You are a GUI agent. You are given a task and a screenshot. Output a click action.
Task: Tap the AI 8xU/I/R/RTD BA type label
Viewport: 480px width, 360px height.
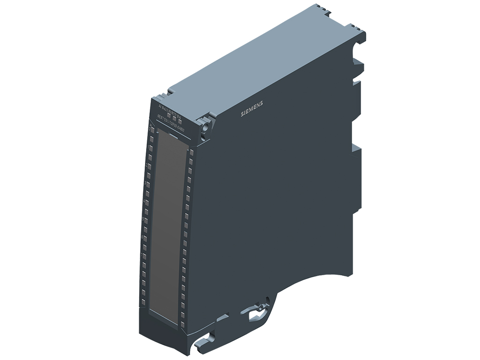point(167,108)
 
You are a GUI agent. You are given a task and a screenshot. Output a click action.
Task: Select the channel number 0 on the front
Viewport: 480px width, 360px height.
point(150,128)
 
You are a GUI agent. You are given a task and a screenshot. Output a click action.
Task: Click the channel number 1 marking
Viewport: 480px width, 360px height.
point(148,146)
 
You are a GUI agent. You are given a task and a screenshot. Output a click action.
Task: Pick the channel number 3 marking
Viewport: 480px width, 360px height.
point(146,183)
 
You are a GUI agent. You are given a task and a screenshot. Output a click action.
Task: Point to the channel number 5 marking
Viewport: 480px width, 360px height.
point(144,219)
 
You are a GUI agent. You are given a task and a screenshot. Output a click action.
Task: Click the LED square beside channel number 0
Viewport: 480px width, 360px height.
point(152,130)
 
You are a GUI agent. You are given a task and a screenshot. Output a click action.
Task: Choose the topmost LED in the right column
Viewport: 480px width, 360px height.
point(191,152)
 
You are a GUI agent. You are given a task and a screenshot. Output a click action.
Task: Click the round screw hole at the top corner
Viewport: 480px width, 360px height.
point(205,127)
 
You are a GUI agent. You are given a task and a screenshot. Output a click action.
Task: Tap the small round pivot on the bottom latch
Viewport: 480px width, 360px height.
point(257,308)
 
